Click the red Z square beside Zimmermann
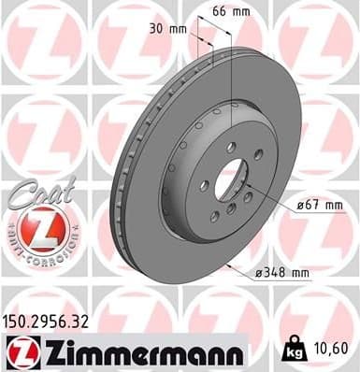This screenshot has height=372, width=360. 17,352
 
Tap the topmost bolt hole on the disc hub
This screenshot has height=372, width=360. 230,146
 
